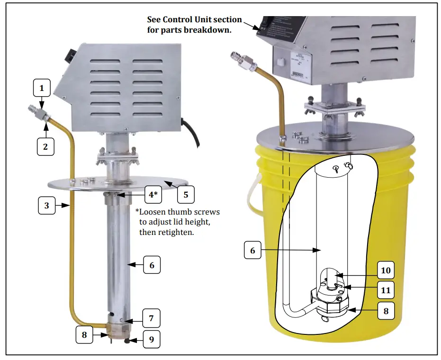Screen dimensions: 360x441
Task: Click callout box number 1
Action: [42, 88]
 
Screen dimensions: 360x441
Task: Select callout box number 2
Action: [45, 146]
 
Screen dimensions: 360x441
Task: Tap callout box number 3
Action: [46, 206]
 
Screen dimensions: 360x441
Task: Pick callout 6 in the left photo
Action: [152, 265]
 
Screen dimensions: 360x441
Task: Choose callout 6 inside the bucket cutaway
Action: [252, 251]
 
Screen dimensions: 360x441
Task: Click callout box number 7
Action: [151, 318]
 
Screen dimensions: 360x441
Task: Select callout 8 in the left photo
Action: [85, 334]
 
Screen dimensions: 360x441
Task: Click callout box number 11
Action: [386, 289]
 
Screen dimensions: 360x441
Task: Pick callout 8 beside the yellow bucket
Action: [386, 312]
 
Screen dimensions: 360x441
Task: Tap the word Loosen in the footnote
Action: [155, 211]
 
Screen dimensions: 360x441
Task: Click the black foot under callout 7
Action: [128, 340]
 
